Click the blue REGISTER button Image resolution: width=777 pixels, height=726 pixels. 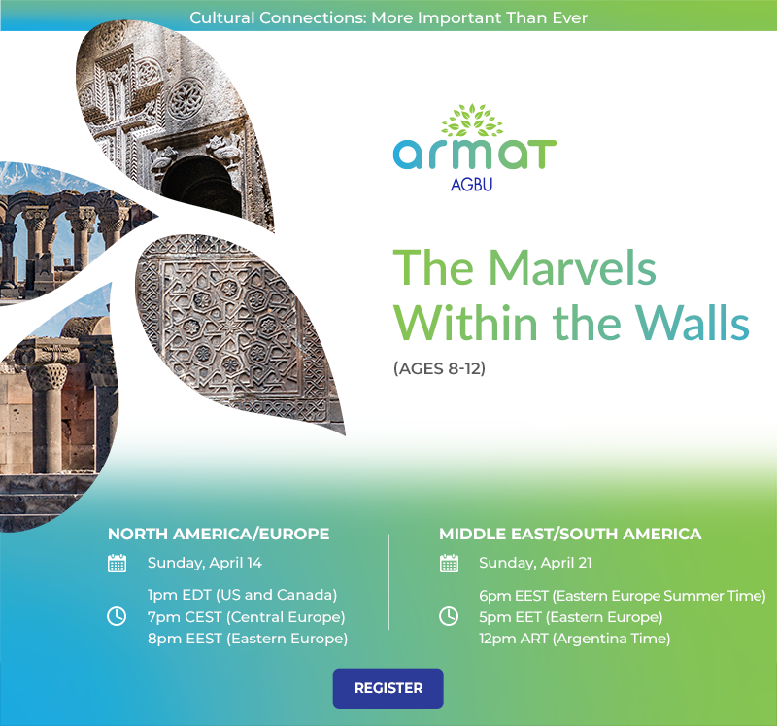pyautogui.click(x=388, y=688)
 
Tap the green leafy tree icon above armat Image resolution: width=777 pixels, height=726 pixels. pyautogui.click(x=472, y=120)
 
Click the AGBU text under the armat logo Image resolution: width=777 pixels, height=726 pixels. pyautogui.click(x=471, y=185)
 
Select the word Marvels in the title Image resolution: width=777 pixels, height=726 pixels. pyautogui.click(x=572, y=268)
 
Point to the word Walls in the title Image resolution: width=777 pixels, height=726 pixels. pyautogui.click(x=693, y=323)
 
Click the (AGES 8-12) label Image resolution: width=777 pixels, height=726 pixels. pyautogui.click(x=440, y=368)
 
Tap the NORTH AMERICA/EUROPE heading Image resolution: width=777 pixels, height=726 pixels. pyautogui.click(x=219, y=534)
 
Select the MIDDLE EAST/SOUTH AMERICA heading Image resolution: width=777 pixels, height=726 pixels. pyautogui.click(x=570, y=534)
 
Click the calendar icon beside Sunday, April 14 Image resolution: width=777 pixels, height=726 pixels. pyautogui.click(x=117, y=564)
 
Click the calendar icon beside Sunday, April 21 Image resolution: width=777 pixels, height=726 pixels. pyautogui.click(x=449, y=564)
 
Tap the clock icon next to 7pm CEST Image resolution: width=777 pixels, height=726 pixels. pyautogui.click(x=117, y=616)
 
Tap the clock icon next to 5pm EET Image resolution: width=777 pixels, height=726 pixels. pyautogui.click(x=449, y=616)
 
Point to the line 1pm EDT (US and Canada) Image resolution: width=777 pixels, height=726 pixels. pyautogui.click(x=242, y=595)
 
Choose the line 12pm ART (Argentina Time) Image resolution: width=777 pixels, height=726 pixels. pyautogui.click(x=575, y=639)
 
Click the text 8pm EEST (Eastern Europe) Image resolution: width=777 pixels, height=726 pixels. pyautogui.click(x=248, y=639)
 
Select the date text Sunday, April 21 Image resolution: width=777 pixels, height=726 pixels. pyautogui.click(x=535, y=563)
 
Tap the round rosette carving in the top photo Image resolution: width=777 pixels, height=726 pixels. pyautogui.click(x=186, y=100)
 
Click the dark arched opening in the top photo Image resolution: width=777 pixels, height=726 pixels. pyautogui.click(x=201, y=186)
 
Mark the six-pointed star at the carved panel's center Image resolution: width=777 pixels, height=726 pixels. pyautogui.click(x=230, y=326)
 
